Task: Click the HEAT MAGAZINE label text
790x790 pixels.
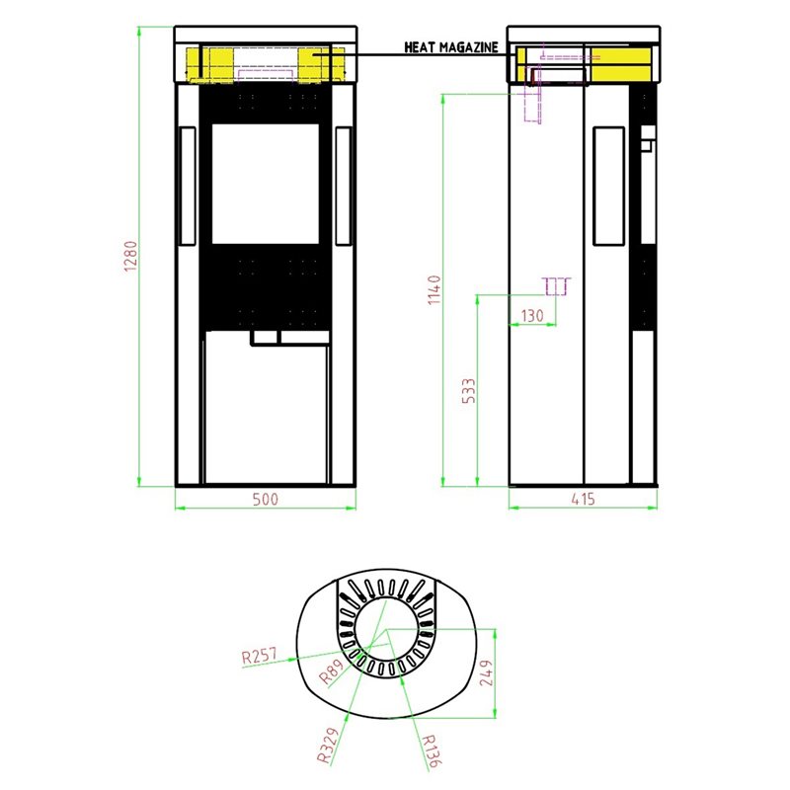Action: click(451, 47)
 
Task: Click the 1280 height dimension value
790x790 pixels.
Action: click(130, 256)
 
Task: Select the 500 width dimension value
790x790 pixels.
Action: click(265, 499)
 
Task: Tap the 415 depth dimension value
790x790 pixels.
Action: click(583, 499)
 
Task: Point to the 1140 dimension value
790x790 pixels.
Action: click(434, 289)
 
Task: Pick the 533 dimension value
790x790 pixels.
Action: click(468, 390)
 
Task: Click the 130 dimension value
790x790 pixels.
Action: click(532, 316)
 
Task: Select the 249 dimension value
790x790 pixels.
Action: click(486, 673)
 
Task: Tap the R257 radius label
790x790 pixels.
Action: click(260, 656)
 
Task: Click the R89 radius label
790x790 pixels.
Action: click(331, 671)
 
